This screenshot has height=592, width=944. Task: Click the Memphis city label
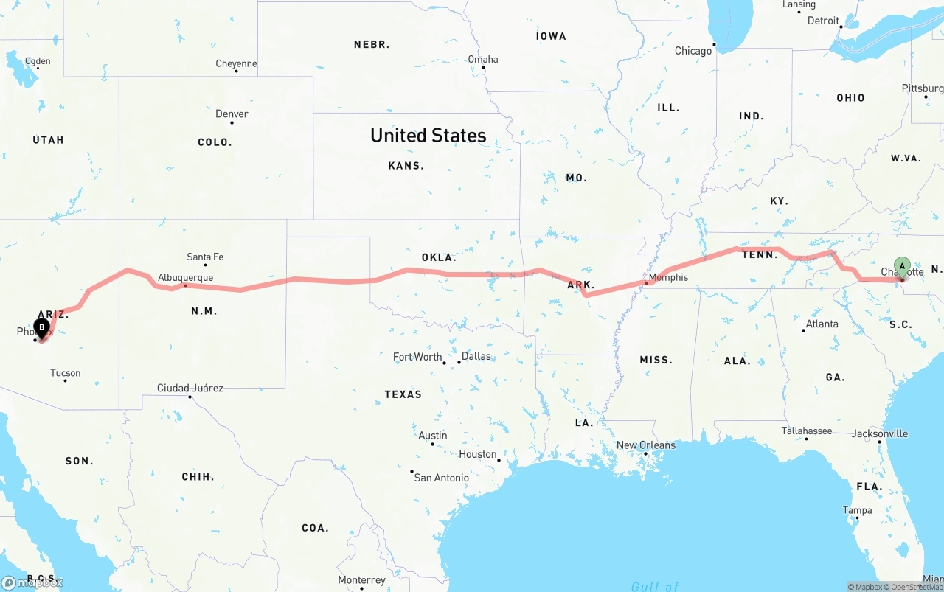668,277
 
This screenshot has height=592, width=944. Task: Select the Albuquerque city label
185,278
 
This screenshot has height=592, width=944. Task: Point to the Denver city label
232,114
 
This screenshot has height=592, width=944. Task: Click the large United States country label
428,136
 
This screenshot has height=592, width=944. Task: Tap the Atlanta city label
822,324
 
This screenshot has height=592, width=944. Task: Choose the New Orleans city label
645,445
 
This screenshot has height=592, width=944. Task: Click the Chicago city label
693,51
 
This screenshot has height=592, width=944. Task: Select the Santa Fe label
205,257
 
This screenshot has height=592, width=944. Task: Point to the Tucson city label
65,373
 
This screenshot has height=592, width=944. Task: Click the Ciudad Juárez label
190,388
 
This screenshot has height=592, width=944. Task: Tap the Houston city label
477,454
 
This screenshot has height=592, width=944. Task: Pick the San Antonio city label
441,478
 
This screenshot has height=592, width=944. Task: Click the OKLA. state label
439,257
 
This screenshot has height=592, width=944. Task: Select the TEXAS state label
403,394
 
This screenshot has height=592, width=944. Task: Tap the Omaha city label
483,59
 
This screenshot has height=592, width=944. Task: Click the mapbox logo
32,582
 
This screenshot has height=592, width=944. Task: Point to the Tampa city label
857,510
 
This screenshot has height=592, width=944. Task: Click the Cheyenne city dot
236,71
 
